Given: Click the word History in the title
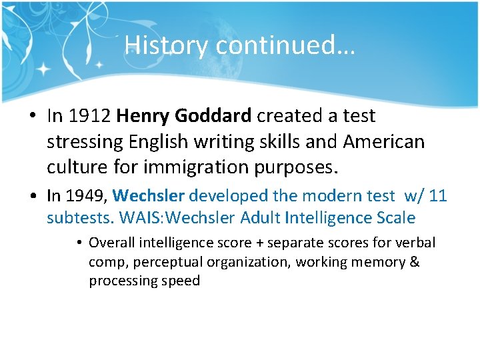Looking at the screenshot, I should [x=167, y=45].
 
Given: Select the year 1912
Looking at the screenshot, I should [x=89, y=116].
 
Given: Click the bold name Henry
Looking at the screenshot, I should [x=143, y=116].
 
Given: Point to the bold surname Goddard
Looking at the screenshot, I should [x=213, y=116].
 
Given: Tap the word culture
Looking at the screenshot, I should [x=79, y=167].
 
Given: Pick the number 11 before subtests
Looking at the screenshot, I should [x=438, y=196].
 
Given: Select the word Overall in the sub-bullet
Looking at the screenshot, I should [x=111, y=242].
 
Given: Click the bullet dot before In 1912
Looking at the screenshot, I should [x=33, y=117].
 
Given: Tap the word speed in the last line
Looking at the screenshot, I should [x=182, y=281].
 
